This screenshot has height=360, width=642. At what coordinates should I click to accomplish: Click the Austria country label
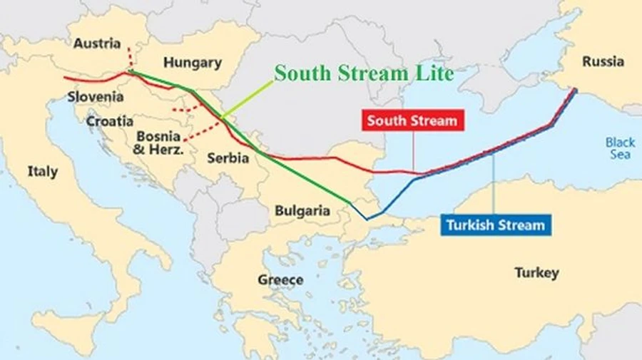click(x=97, y=43)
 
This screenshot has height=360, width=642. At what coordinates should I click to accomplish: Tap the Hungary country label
click(x=192, y=63)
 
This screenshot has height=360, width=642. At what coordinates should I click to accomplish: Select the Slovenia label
click(x=96, y=96)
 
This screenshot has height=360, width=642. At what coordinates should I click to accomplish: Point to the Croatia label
click(x=110, y=121)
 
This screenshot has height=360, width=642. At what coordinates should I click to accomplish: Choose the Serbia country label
click(x=228, y=158)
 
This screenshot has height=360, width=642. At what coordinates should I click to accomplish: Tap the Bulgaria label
click(x=302, y=210)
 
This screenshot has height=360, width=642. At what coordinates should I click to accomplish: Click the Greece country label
click(x=280, y=279)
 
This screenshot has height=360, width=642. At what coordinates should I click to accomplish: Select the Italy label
click(x=43, y=171)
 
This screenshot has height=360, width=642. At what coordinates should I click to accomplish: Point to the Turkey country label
click(x=536, y=272)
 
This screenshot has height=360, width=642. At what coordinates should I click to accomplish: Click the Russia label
click(x=603, y=61)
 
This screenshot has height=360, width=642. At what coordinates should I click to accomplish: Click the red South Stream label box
click(x=412, y=120)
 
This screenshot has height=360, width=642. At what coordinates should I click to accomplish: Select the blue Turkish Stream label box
click(x=495, y=225)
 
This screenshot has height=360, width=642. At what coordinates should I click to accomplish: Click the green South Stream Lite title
click(x=364, y=73)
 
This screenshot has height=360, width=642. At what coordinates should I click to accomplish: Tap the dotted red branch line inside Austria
click(x=130, y=57)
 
